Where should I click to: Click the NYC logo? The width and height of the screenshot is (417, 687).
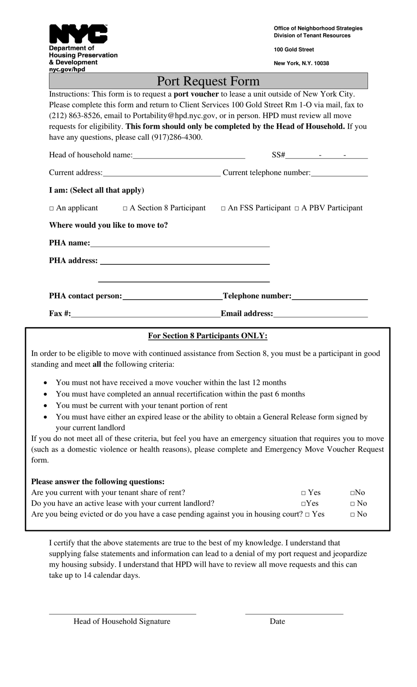[78, 34]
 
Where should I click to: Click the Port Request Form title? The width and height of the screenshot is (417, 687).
[208, 81]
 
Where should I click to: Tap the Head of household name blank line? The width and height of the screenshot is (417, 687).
[189, 155]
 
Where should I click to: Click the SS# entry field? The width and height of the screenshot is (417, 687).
[327, 155]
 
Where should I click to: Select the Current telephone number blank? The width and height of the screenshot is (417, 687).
[339, 173]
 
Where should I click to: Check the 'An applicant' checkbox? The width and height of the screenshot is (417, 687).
[51, 208]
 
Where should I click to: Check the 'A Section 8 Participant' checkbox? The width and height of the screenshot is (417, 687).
[125, 208]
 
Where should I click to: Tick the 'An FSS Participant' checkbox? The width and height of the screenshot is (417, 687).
[223, 208]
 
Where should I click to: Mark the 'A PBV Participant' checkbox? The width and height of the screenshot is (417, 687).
[297, 208]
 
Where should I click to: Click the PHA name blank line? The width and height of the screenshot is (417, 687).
[180, 243]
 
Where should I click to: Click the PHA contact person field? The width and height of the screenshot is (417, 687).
[172, 296]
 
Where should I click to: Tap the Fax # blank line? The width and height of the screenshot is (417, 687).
[146, 314]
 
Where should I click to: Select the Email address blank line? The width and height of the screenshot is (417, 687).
[320, 314]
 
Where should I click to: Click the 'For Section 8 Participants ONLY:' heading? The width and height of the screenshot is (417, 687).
[208, 336]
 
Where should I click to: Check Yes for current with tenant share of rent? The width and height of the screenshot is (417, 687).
[303, 493]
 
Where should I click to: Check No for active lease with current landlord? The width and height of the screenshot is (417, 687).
[352, 504]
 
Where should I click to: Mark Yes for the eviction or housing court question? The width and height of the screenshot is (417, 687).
[307, 514]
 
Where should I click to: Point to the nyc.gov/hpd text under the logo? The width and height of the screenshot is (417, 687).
[67, 69]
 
